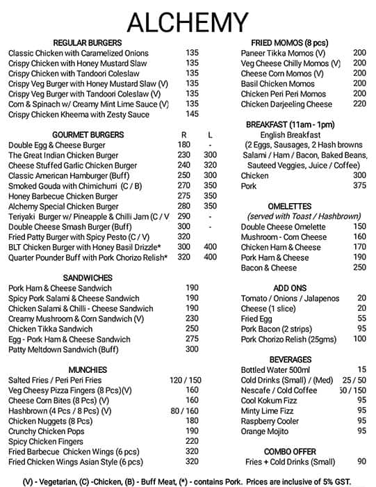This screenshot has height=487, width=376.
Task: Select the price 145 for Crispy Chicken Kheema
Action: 192,114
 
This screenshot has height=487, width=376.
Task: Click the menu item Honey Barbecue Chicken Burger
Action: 63,196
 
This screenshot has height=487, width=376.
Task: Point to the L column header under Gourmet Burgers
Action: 210,134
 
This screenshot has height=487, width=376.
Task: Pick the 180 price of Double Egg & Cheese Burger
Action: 183,145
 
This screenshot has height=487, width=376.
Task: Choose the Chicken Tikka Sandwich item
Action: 50,329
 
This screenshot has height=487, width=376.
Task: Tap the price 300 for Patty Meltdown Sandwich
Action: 192,349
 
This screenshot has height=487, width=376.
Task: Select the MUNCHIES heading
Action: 87,369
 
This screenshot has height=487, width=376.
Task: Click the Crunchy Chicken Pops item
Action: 47,431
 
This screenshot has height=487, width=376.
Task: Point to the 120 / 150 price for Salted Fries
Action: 184,381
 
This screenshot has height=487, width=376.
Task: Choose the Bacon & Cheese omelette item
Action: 269,267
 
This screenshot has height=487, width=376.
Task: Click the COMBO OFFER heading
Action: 290,451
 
